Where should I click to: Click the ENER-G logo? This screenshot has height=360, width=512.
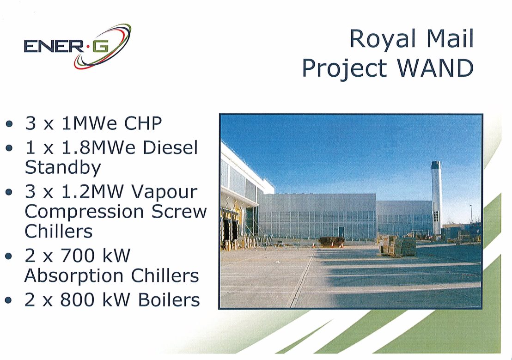tap(77, 46)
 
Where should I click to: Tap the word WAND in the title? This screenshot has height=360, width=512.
tap(436, 68)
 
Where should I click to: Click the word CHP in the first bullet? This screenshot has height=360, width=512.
tap(143, 123)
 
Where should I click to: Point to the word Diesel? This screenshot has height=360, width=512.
tap(171, 147)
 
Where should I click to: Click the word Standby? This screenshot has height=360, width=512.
tap(63, 168)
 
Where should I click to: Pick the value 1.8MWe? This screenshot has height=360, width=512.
tap(98, 147)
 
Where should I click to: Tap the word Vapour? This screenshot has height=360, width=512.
tap(164, 192)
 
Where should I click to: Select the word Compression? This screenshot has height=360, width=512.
tap(84, 212)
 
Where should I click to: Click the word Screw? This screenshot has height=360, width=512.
tap(179, 212)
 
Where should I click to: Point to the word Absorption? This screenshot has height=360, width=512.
tap(74, 276)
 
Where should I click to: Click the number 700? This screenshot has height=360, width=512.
tap(77, 256)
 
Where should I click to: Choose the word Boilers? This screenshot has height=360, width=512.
tap(169, 299)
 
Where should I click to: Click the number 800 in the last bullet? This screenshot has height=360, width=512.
tap(77, 299)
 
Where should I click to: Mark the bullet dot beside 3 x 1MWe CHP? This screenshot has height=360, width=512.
tap(9, 124)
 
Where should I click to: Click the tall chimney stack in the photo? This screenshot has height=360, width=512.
tap(436, 198)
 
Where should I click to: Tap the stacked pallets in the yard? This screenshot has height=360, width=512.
tap(397, 246)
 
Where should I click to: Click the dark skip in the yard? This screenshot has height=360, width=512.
tap(331, 242)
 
